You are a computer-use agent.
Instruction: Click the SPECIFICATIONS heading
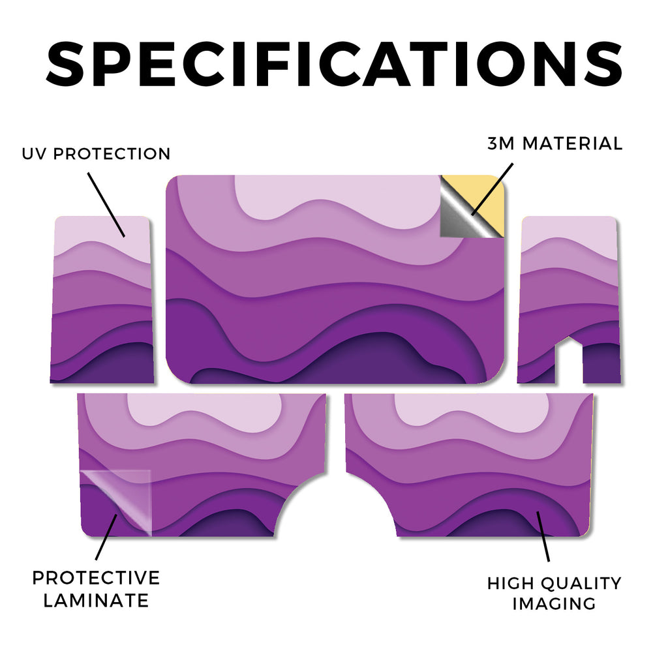pyautogui.click(x=334, y=65)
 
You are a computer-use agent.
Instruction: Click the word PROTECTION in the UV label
pyautogui.click(x=112, y=154)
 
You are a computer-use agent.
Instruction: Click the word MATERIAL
pyautogui.click(x=572, y=144)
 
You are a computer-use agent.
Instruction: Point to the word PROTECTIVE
pyautogui.click(x=96, y=578)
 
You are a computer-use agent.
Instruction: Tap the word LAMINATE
pyautogui.click(x=96, y=601)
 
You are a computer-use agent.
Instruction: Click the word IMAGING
pyautogui.click(x=554, y=603)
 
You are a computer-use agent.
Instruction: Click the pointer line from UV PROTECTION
pyautogui.click(x=106, y=204)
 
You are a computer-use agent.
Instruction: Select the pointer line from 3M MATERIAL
pyautogui.click(x=492, y=189)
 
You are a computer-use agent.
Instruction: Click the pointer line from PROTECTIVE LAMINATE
pyautogui.click(x=106, y=537)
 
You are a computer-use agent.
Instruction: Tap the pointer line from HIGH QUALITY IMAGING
pyautogui.click(x=543, y=536)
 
